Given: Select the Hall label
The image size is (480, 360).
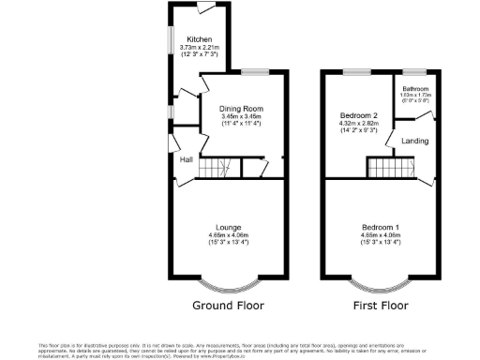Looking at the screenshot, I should [x=187, y=159].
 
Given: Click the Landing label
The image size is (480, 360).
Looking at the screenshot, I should [x=414, y=142].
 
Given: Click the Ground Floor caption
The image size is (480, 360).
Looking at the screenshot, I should [x=228, y=306].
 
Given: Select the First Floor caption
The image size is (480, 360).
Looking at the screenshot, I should [x=380, y=306].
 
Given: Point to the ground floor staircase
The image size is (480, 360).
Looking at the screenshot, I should [x=213, y=168].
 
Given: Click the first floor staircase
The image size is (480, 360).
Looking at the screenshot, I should [x=389, y=169].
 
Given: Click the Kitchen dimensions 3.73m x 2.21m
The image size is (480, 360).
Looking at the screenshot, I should [x=200, y=51].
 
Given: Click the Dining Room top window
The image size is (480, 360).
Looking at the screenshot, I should [x=254, y=72].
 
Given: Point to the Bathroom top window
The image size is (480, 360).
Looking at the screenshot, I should [x=413, y=72].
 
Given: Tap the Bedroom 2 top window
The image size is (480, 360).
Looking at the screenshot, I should [x=354, y=72].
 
